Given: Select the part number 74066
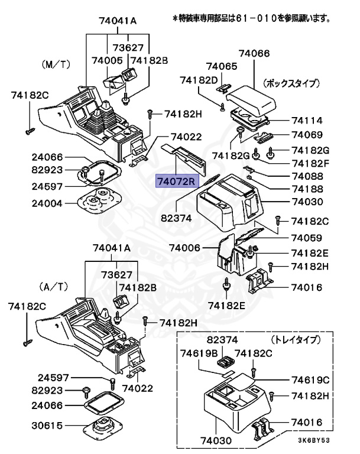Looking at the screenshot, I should coord(254,53).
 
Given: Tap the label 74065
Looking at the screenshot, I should coord(221,67).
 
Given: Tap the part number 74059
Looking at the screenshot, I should coord(307,238).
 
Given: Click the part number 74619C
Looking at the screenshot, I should coord(310,379).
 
